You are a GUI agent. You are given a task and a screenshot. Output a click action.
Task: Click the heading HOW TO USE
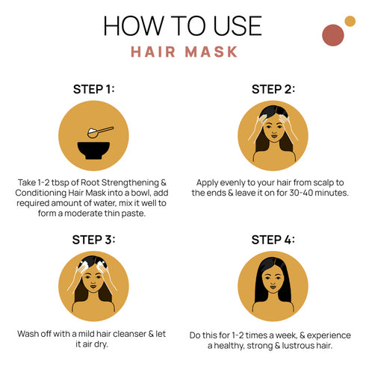tap(183, 25)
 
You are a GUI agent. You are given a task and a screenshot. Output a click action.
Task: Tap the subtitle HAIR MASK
tap(183, 52)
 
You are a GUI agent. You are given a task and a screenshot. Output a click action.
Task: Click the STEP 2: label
tap(273, 89)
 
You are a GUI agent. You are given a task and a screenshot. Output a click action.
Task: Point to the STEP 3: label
tap(93, 240)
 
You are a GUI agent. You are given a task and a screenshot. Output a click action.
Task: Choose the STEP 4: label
tap(273, 240)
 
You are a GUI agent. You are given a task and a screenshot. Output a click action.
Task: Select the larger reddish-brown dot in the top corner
tap(332, 34)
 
